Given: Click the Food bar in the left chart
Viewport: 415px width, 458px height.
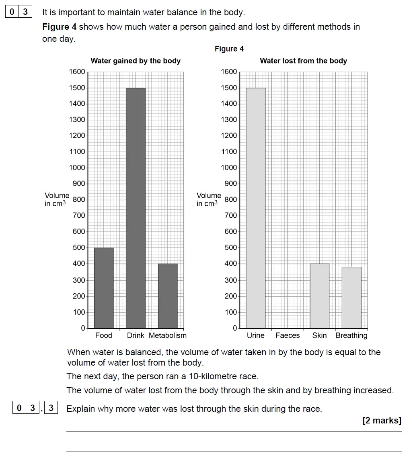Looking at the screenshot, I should click(104, 288).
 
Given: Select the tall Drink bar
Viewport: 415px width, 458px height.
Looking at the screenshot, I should click(136, 208).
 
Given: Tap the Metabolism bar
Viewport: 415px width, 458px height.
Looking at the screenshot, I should click(168, 296).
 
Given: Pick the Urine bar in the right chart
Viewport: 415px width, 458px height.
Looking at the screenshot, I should click(256, 208).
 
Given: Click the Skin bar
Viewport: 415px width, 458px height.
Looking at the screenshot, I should click(320, 296).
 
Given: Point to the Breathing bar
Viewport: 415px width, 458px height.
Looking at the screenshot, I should click(351, 297).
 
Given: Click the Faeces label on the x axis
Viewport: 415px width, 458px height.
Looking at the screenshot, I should click(288, 335).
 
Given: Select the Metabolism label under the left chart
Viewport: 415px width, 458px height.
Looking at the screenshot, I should click(168, 335).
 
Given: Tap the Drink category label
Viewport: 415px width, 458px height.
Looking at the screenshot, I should click(136, 335).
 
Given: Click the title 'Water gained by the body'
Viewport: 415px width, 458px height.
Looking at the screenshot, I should click(136, 61).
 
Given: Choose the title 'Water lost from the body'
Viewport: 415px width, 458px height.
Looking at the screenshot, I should click(303, 61).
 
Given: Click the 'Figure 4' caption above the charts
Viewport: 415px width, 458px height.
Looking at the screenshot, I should click(229, 49).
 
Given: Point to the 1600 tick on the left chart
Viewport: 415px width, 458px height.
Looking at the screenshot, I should click(77, 72).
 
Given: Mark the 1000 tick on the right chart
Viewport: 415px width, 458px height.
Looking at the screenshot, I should click(229, 168).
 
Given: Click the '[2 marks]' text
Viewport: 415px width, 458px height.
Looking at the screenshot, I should click(382, 421).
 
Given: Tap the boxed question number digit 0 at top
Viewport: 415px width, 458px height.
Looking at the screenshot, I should click(12, 12).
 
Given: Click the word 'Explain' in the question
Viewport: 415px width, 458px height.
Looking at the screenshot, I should click(80, 409).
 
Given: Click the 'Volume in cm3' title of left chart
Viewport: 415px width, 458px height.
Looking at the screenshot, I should click(57, 200).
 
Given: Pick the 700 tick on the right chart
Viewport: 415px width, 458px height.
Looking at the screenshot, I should click(231, 216).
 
